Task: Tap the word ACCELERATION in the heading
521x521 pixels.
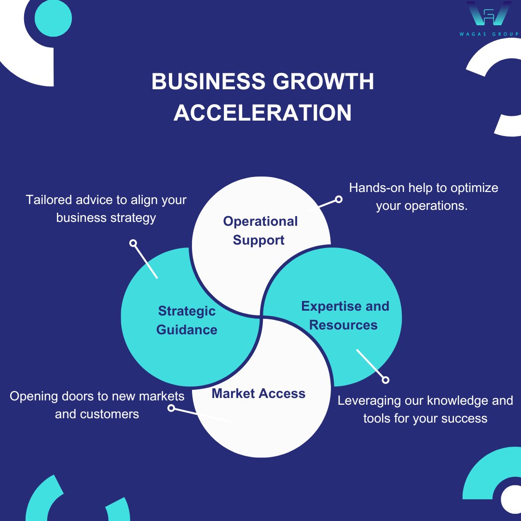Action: (x=263, y=113)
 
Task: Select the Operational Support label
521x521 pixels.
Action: (x=260, y=231)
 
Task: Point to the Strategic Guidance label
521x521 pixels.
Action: (x=187, y=320)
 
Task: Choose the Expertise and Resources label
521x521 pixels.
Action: (x=344, y=315)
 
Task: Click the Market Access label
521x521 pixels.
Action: (x=259, y=394)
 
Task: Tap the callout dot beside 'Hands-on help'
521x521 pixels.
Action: (x=339, y=199)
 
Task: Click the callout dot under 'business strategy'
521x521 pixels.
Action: (x=133, y=243)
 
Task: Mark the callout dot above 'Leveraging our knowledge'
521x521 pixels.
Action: (x=385, y=380)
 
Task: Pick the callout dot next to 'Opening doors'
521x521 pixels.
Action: (x=171, y=408)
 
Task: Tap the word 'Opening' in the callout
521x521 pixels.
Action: (x=34, y=396)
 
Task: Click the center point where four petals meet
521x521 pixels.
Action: (x=261, y=317)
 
